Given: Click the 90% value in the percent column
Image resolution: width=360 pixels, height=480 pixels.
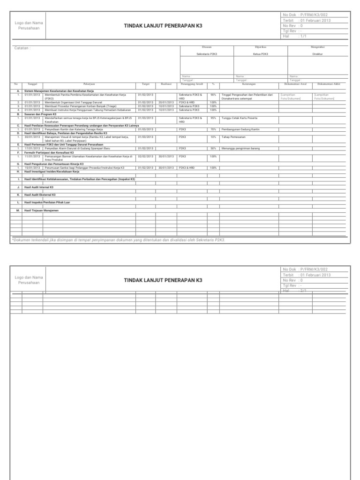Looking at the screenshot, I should tap(213, 95).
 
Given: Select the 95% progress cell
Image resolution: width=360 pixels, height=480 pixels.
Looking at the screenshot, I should tap(213, 118).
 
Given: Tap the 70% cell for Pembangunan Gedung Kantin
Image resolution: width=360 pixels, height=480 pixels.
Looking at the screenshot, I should tap(213, 129).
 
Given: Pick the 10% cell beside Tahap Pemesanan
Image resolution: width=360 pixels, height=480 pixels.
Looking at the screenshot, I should tap(213, 137).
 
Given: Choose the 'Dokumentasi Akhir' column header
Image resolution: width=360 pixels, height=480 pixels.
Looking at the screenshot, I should tap(329, 84).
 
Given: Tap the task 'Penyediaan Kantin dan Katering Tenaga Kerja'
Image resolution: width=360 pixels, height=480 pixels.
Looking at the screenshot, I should tap(74, 129).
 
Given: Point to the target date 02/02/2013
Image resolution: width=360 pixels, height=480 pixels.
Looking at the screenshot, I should tap(146, 156).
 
